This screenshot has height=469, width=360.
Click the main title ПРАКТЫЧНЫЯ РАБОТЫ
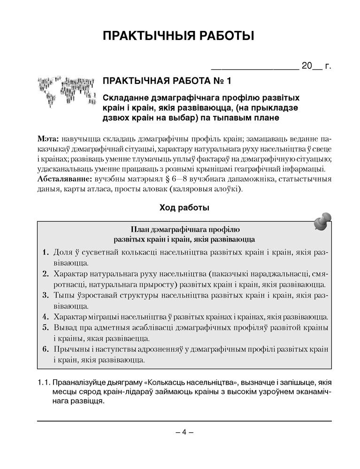click(x=180, y=36)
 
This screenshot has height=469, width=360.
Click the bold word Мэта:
click(x=48, y=140)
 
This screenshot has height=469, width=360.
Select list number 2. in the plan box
click(x=46, y=273)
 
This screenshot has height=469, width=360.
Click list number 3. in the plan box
click(x=46, y=295)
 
